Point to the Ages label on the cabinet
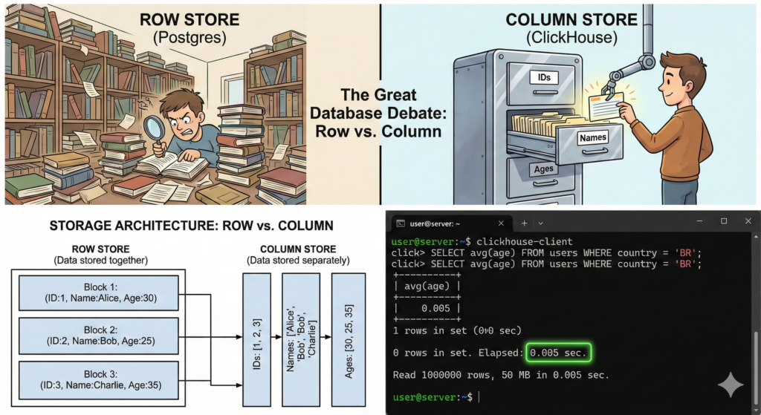[543, 169]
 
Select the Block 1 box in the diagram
[99, 293]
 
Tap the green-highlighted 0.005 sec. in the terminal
[559, 352]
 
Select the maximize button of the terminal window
[723, 221]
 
